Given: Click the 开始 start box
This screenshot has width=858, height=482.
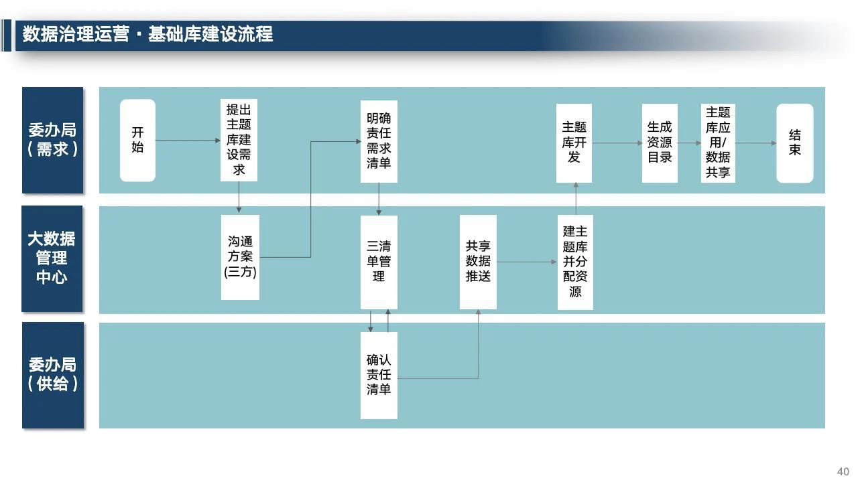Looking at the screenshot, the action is click(137, 141).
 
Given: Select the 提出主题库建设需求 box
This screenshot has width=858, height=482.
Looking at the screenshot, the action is click(239, 140).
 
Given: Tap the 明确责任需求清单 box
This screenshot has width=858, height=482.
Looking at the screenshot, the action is click(379, 141).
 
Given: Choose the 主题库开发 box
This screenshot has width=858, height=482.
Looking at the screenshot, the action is click(574, 143).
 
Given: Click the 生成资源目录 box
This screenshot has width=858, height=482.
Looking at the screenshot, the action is click(660, 143).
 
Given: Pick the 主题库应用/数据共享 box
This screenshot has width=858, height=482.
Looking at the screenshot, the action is click(718, 143).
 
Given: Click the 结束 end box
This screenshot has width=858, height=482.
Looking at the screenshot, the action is click(795, 143).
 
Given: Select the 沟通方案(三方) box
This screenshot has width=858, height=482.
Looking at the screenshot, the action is click(240, 257).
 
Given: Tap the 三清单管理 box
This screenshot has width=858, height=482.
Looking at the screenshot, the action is click(379, 262).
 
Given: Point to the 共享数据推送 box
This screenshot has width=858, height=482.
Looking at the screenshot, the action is click(478, 262).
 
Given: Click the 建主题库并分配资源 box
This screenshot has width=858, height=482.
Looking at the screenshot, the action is click(575, 262).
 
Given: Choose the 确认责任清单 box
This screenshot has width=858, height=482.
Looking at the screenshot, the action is click(379, 376).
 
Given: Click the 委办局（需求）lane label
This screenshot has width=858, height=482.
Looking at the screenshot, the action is click(52, 140).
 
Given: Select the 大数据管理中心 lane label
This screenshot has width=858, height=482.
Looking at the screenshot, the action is click(52, 258).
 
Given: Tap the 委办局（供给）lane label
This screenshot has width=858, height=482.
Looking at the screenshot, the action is click(53, 376).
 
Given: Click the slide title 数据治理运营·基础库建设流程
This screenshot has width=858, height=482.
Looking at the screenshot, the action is click(147, 34).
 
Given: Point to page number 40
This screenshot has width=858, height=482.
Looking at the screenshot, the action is click(843, 471).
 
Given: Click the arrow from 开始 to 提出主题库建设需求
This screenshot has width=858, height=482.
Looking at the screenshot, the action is click(188, 141).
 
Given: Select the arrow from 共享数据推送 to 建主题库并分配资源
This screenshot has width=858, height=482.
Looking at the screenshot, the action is click(527, 262).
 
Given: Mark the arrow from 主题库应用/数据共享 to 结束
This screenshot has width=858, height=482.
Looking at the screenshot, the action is click(755, 143).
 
